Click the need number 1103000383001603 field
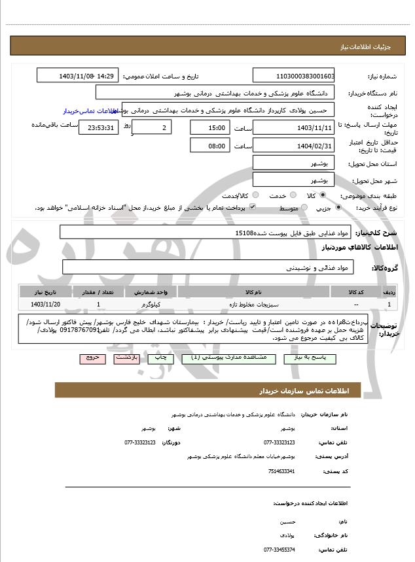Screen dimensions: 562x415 click(x=293, y=76)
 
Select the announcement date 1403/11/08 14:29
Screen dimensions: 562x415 click(x=77, y=76)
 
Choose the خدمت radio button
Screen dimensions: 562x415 click(x=293, y=195)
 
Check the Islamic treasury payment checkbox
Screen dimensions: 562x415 click(x=252, y=207)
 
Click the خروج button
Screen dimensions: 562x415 click(x=90, y=359)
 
